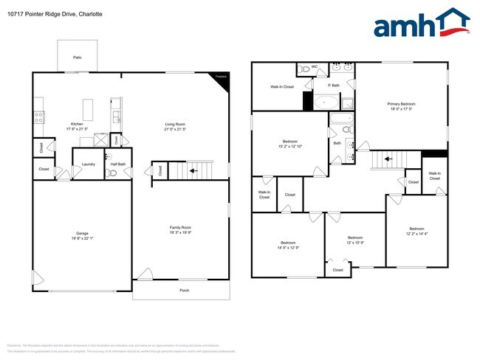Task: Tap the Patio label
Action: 77,57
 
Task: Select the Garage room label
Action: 82,233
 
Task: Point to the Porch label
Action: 185,290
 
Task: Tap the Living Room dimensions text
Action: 175,129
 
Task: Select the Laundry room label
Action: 87,164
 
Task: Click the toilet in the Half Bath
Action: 112,173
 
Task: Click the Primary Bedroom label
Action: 402,104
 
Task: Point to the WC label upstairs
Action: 314,67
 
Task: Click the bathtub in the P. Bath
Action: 324,102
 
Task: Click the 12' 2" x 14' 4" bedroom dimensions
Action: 417,234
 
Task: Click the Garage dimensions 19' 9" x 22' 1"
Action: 82,238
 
